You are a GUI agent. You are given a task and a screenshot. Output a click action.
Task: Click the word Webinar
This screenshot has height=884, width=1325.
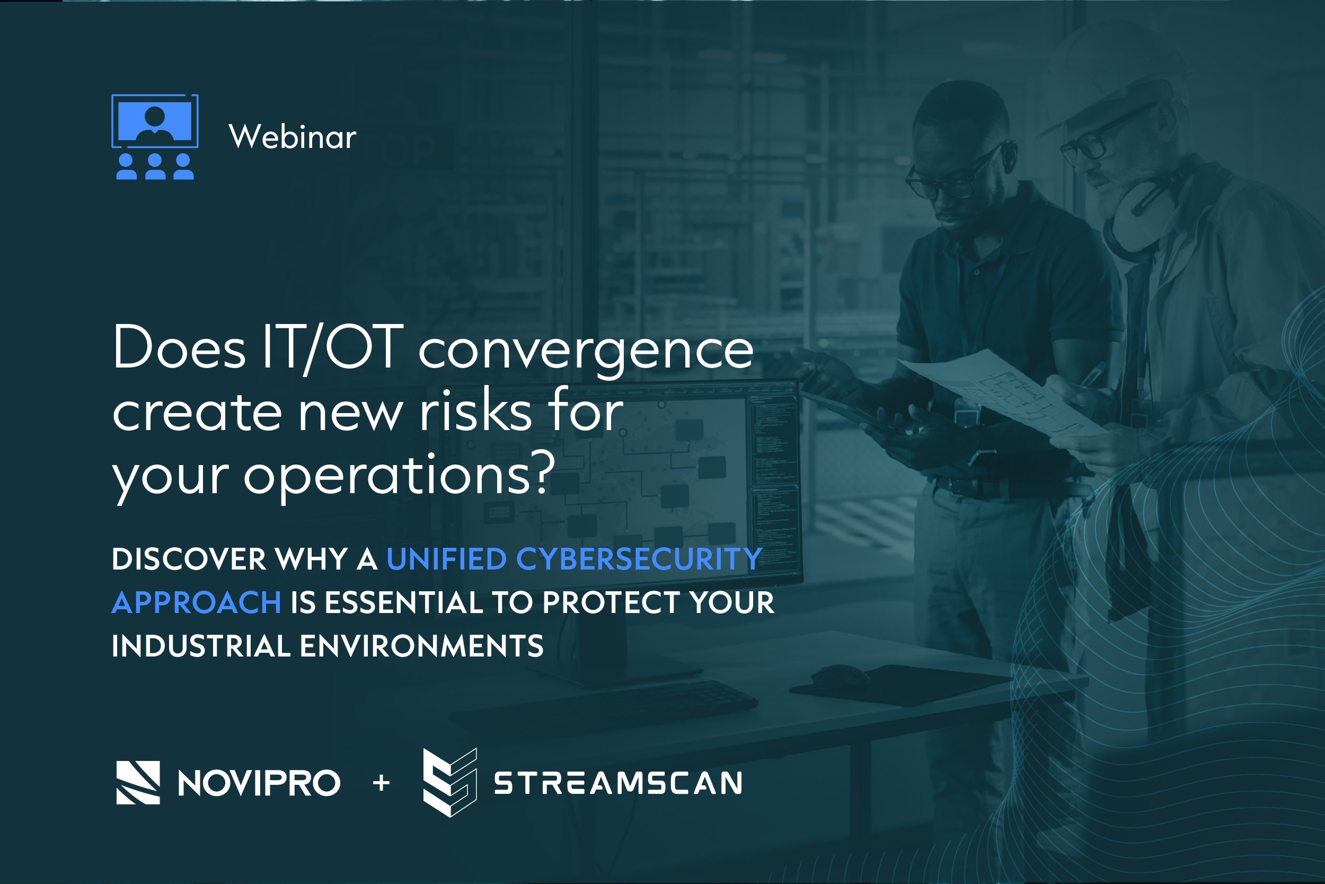(293, 137)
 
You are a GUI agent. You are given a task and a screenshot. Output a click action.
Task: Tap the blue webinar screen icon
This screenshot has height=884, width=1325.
(155, 136)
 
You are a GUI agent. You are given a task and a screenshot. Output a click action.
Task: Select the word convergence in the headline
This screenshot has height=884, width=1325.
(585, 352)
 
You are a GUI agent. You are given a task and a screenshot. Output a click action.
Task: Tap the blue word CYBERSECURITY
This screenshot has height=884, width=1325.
(639, 559)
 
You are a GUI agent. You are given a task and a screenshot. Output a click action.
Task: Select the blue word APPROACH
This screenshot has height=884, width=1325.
(197, 602)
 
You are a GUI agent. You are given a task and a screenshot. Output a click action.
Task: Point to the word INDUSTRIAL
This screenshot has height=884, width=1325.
(201, 646)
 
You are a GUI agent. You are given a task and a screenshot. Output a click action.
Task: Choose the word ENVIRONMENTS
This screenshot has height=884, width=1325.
(421, 646)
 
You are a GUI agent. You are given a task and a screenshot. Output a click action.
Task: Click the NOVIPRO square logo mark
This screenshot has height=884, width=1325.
(138, 783)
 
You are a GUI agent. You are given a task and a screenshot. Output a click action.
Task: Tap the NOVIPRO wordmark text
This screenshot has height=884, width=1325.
(259, 783)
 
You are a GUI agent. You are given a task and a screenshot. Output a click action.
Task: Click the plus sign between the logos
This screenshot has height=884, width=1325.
(382, 783)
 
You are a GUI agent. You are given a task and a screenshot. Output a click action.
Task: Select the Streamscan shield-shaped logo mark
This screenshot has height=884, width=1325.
(449, 783)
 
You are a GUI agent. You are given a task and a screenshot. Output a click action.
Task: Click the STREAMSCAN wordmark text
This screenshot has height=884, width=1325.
(618, 783)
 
